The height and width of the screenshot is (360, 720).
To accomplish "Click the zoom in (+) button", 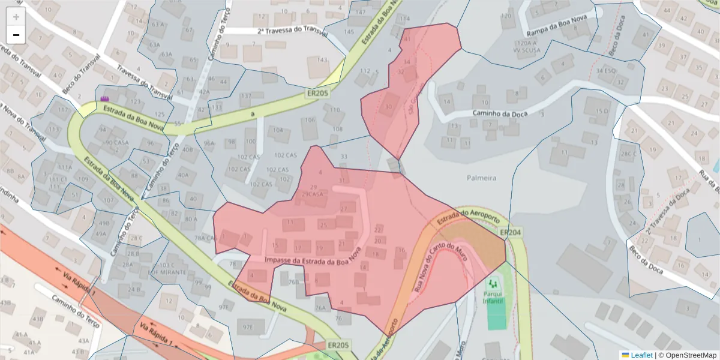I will pyautogui.click(x=16, y=17).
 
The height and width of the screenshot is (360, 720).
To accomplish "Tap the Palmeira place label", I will pyautogui.click(x=482, y=178).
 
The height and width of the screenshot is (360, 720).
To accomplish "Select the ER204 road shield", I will pyautogui.click(x=511, y=232).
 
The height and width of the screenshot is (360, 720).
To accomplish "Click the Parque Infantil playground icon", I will pyautogui.click(x=494, y=283).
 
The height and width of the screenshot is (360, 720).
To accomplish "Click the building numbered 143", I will pyautogui.click(x=322, y=60).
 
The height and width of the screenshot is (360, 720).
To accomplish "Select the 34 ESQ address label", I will pyautogui.click(x=607, y=71).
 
